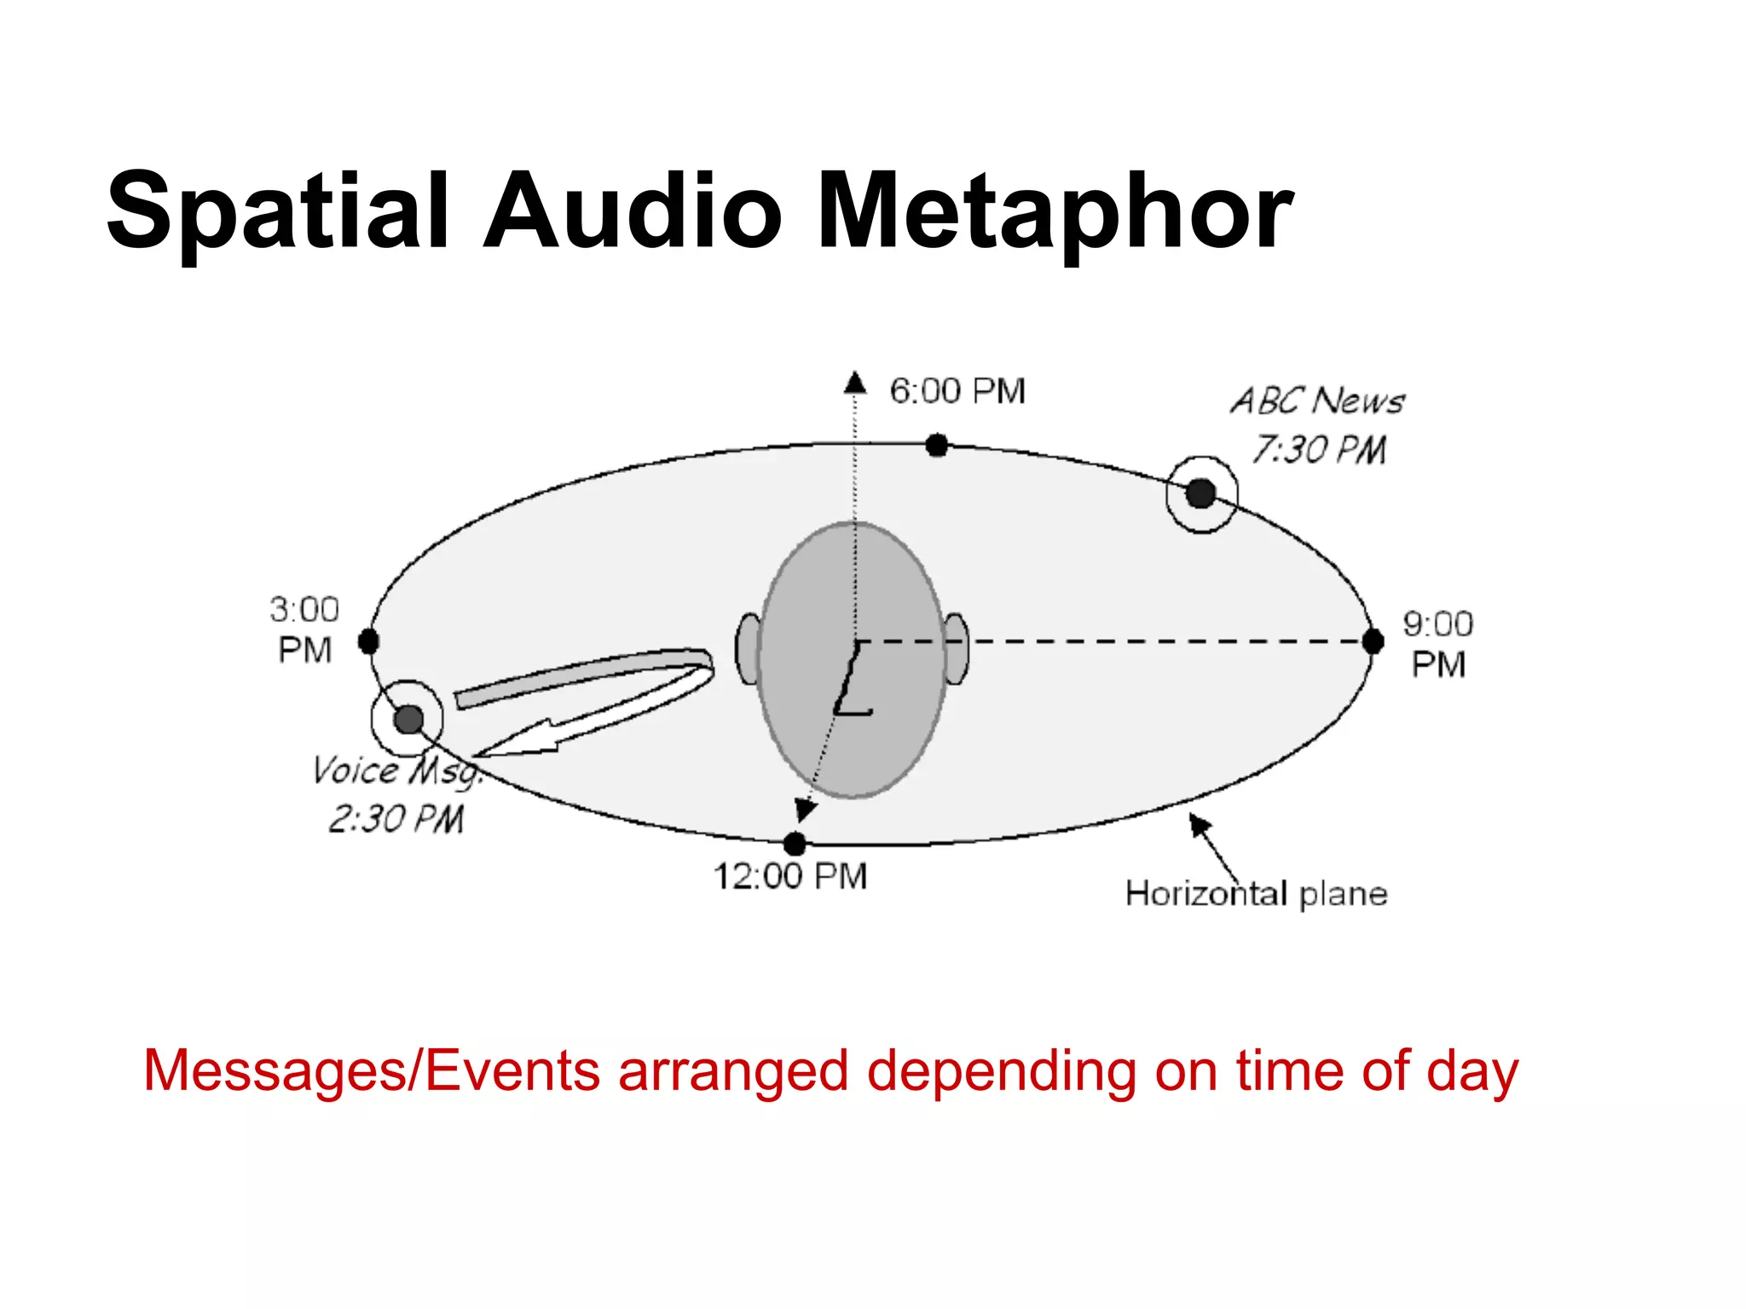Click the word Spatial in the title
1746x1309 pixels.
(x=277, y=211)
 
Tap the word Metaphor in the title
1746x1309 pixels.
(x=1055, y=211)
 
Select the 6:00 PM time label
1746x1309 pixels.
(x=957, y=391)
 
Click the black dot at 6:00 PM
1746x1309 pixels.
(x=936, y=445)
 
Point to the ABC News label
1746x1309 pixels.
(x=1317, y=401)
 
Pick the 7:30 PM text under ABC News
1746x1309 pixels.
(x=1319, y=450)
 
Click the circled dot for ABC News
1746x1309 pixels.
(x=1200, y=493)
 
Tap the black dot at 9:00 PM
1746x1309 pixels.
(x=1373, y=642)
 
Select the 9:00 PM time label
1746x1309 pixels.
(x=1438, y=644)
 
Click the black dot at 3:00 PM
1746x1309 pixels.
(x=368, y=641)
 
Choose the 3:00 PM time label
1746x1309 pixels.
(x=304, y=630)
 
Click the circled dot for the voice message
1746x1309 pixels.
(x=408, y=719)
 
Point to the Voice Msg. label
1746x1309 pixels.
(x=397, y=770)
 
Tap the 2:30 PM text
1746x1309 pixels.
(x=396, y=819)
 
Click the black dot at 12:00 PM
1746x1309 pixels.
(x=795, y=844)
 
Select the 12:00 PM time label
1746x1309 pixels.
(x=790, y=876)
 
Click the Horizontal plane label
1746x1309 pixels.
(x=1256, y=894)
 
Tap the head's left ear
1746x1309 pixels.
(x=749, y=649)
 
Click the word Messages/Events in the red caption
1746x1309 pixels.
(x=372, y=1071)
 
